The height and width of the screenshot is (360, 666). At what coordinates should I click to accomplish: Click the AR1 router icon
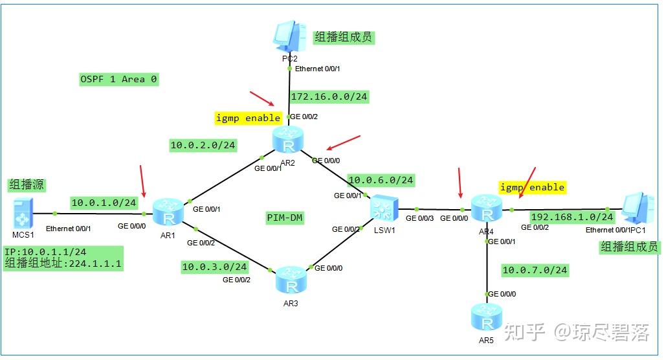168,210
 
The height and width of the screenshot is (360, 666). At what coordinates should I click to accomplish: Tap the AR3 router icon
292,279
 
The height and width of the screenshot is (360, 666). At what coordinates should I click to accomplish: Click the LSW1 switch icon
383,209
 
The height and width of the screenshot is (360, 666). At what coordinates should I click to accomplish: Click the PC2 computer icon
289,37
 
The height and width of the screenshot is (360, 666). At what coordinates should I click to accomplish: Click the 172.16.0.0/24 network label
329,96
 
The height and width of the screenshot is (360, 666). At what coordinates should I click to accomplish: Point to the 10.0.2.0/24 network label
203,145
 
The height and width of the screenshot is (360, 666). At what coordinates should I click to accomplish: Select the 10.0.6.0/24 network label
381,180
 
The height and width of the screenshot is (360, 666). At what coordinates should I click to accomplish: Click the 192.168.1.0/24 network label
572,216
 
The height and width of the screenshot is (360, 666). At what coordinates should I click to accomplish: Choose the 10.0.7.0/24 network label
535,269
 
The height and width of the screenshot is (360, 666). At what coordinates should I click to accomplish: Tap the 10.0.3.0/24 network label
214,266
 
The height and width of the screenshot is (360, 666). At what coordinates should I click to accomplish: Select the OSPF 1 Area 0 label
118,79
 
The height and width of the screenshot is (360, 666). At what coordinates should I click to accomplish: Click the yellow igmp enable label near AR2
249,118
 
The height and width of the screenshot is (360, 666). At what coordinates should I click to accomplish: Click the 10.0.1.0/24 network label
104,203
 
